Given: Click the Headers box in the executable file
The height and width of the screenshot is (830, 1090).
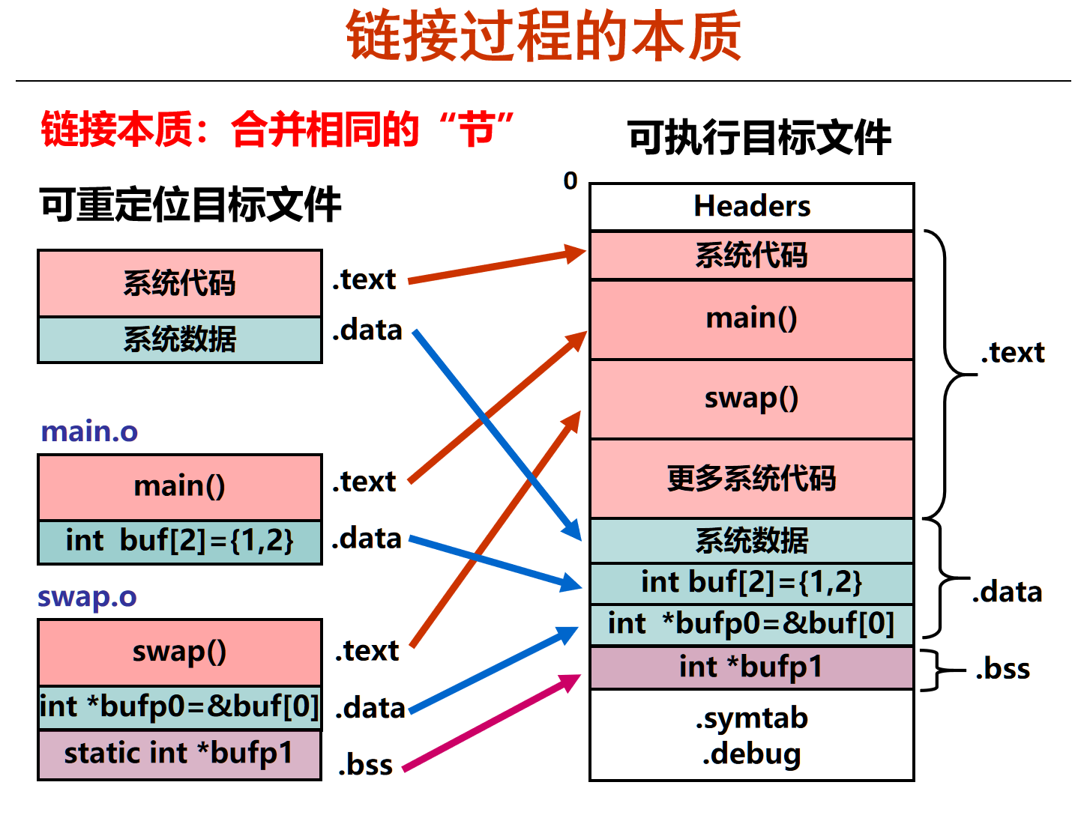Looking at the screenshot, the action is [x=751, y=207].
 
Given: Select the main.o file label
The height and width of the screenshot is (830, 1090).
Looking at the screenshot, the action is [x=89, y=431].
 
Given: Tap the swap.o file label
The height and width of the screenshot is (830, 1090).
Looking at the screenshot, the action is [x=88, y=596].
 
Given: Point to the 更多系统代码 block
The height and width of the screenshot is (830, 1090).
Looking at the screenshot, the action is [x=751, y=478].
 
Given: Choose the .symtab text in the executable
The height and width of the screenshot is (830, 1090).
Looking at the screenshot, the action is [x=751, y=718].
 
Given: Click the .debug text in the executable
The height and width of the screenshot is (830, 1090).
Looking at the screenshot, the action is [x=751, y=754].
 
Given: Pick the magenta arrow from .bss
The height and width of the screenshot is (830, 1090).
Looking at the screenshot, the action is [x=492, y=722].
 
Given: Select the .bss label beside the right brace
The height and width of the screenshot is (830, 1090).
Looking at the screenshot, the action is [x=1002, y=669].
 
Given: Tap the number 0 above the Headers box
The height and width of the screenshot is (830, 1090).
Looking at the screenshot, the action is [x=570, y=181].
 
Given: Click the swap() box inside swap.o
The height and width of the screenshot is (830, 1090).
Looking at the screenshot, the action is [x=180, y=652].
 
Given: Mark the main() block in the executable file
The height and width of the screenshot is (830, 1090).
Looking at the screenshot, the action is [x=751, y=319].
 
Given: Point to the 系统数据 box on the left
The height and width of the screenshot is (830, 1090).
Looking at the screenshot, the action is [x=180, y=340].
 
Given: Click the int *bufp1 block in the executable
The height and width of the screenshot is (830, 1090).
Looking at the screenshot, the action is [x=751, y=667].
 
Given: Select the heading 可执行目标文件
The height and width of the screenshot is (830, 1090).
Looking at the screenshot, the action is [x=759, y=137].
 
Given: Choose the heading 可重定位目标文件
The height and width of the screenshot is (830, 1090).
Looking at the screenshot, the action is [x=190, y=205].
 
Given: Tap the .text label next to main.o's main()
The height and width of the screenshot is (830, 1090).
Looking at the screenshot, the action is [x=364, y=481].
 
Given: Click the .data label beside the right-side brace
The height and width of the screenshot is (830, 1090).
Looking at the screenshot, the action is [x=1007, y=593].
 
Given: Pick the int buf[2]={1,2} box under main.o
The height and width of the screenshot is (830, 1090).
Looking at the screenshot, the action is [x=180, y=542].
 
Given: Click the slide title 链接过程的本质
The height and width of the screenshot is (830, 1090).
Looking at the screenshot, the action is [x=544, y=36].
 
